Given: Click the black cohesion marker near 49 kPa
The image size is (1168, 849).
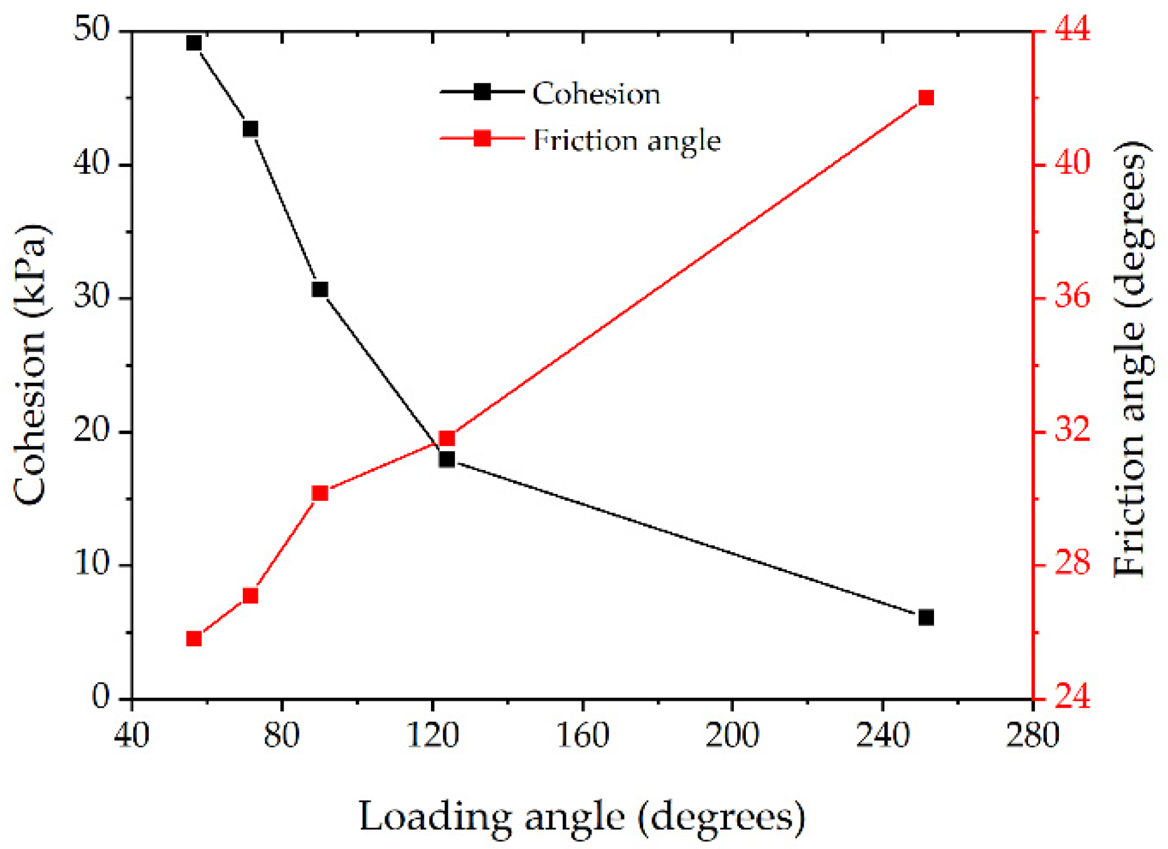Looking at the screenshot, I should point(194,43).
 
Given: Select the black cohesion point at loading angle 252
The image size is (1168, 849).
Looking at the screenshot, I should point(926,617).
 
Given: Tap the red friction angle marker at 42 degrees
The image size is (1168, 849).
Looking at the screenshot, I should point(926,98).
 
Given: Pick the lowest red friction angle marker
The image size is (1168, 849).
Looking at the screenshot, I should point(194,639).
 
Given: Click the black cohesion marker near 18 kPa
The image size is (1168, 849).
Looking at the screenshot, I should point(447,459).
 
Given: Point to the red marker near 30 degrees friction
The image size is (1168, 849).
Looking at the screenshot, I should point(320,493).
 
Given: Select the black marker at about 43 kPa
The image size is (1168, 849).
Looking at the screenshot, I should point(250,129).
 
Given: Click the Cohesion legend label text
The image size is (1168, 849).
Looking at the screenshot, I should point(596,94).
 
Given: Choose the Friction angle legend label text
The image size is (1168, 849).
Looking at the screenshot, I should point(627,141).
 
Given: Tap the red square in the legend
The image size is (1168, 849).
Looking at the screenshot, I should point(482,138).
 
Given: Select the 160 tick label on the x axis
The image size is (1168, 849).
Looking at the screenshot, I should point(583,735).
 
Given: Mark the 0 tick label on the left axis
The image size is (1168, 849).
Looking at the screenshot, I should point(100,697).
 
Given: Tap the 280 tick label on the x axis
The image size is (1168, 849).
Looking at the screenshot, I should point(1033,735).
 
